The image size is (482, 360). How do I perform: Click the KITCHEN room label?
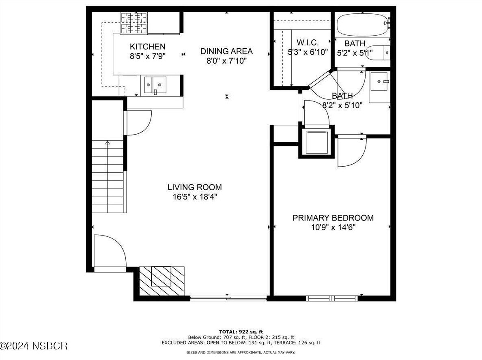[x=147, y=47]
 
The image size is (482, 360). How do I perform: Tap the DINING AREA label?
[x=226, y=51]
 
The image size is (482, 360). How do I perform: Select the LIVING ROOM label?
[x=194, y=187]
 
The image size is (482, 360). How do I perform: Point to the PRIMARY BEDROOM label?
[x=333, y=218]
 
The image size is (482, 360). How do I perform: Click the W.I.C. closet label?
[x=307, y=43]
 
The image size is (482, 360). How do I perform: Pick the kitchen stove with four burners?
[x=134, y=24]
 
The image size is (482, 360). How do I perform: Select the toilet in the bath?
[x=377, y=53]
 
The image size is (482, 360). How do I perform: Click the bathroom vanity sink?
[x=379, y=82]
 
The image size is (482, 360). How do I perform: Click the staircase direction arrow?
[x=108, y=143]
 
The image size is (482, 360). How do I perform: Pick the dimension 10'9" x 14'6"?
[x=333, y=227]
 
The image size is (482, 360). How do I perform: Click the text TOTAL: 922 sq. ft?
[x=241, y=331]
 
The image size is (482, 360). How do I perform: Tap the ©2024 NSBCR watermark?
[x=34, y=346]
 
